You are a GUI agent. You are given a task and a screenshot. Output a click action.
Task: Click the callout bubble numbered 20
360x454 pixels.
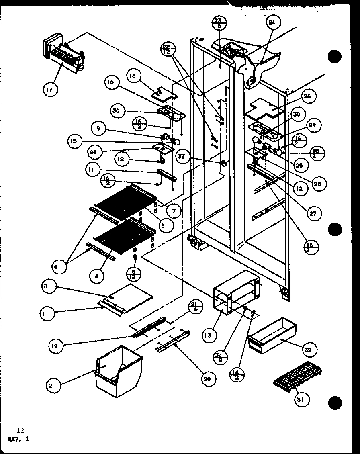209,378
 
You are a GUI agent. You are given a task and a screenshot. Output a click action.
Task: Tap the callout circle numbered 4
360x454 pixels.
97,276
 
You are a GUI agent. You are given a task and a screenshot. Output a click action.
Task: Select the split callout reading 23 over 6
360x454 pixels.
217,23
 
